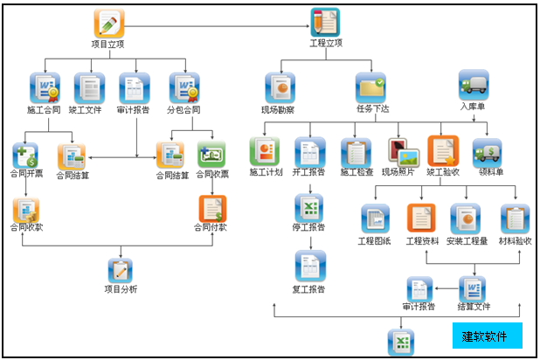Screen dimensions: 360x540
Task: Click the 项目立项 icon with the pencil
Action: coord(109,24)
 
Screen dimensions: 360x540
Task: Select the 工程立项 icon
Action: coord(325,23)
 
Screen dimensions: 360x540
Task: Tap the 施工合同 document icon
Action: coord(42,87)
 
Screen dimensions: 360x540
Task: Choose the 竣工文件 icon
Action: coord(88,87)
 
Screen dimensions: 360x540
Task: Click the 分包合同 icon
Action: coord(184,87)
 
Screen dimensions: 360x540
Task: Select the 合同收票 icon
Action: coord(211,156)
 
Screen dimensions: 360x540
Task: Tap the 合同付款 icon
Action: coord(211,210)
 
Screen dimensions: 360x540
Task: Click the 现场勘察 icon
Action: coord(279,87)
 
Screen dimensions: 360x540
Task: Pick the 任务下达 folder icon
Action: coord(370,87)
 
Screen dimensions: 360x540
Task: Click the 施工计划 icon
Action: coord(264,152)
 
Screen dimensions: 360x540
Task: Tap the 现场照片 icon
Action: coord(403,152)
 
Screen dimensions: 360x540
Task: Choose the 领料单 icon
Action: coord(487,152)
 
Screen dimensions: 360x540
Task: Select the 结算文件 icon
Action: coord(473,288)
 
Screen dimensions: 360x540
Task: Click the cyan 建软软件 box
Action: coord(487,336)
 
